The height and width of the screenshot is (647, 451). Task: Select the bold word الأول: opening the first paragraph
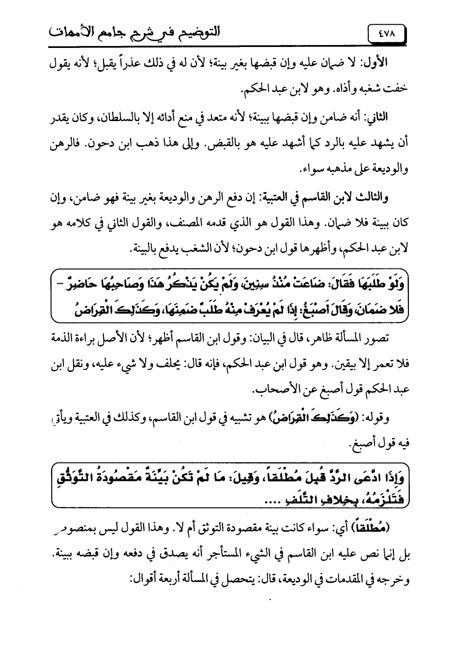[377, 63]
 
